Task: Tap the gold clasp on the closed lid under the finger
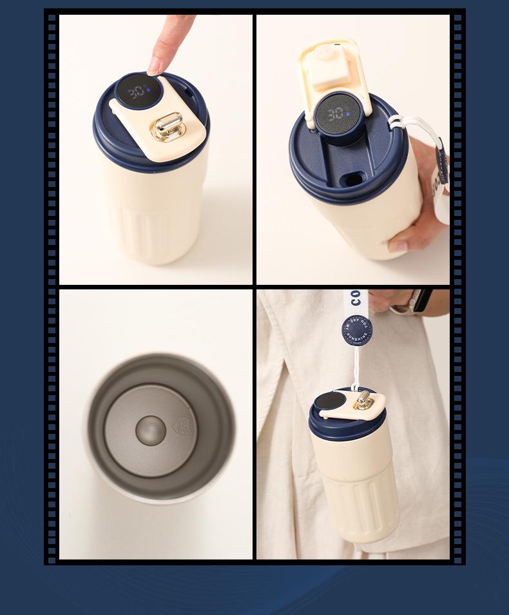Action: [168, 126]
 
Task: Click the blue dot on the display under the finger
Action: [148, 90]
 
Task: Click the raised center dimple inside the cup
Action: [150, 430]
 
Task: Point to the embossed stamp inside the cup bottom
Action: [184, 426]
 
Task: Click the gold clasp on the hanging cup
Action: [365, 401]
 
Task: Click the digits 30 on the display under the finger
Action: [135, 91]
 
